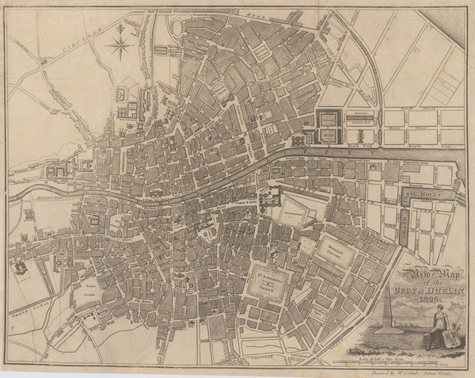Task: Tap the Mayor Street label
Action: (x=412, y=124)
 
